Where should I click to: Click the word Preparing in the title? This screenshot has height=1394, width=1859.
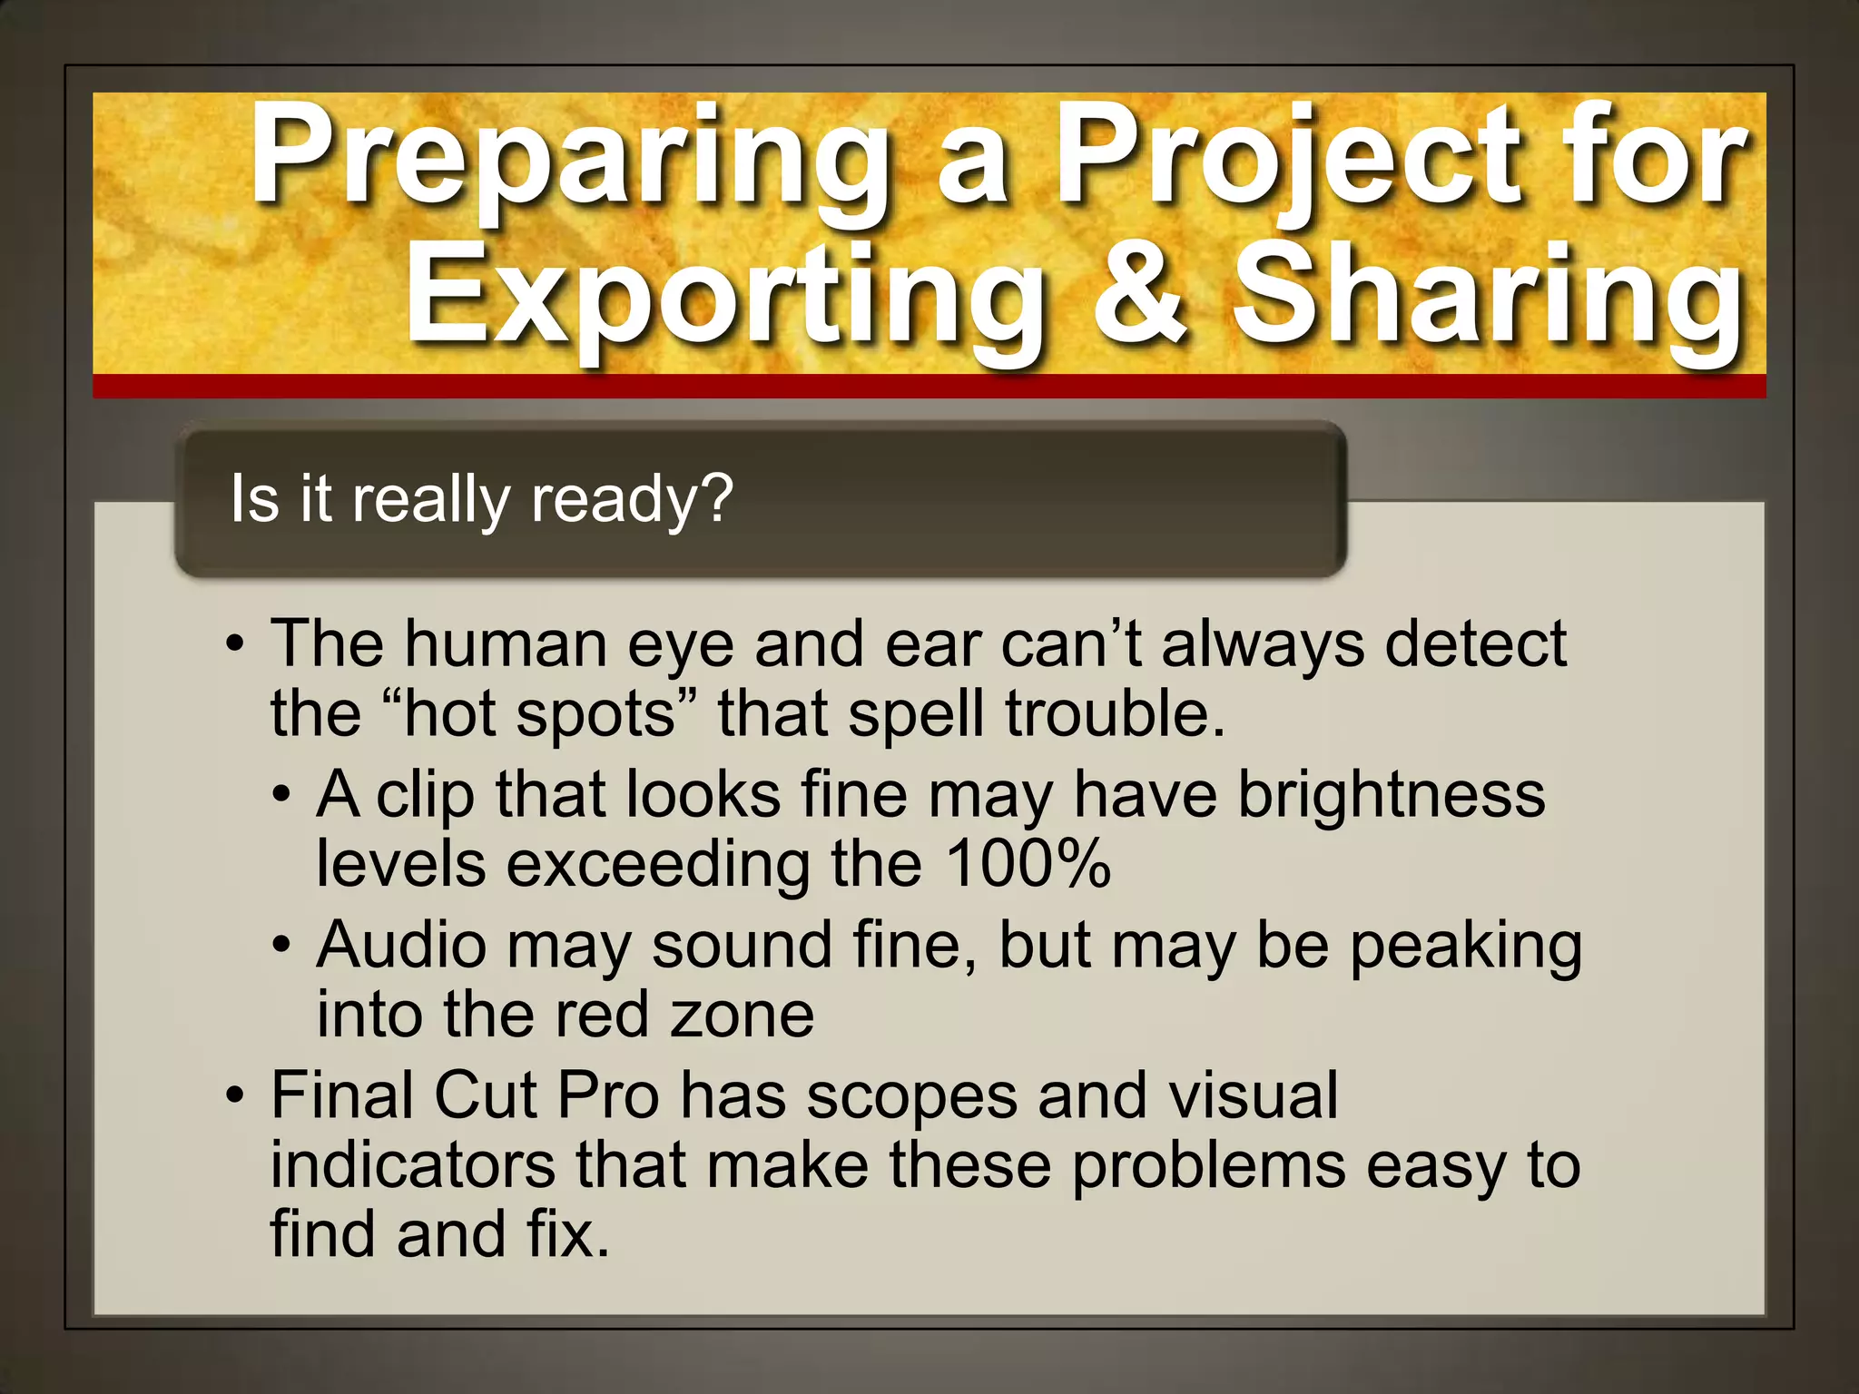point(570,156)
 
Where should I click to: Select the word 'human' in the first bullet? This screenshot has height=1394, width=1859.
point(506,644)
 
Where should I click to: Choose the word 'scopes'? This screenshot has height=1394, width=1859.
point(911,1096)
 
